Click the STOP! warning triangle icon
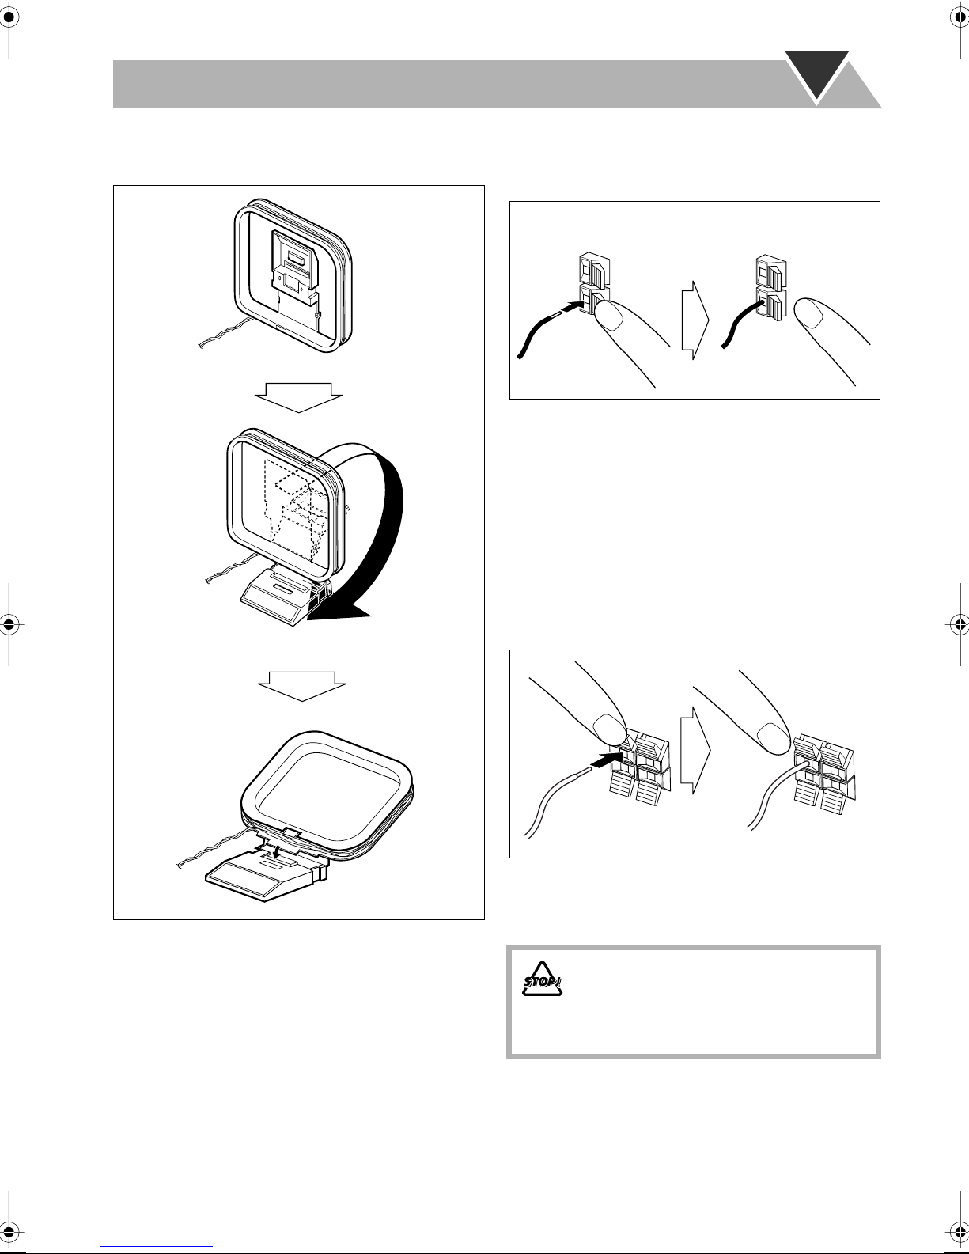point(542,979)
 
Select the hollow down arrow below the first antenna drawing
point(299,397)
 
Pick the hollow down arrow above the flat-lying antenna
point(301,686)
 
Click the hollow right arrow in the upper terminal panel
point(695,320)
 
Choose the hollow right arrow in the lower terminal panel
point(695,750)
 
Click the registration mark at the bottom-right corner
point(959,1233)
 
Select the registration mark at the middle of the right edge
point(959,624)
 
